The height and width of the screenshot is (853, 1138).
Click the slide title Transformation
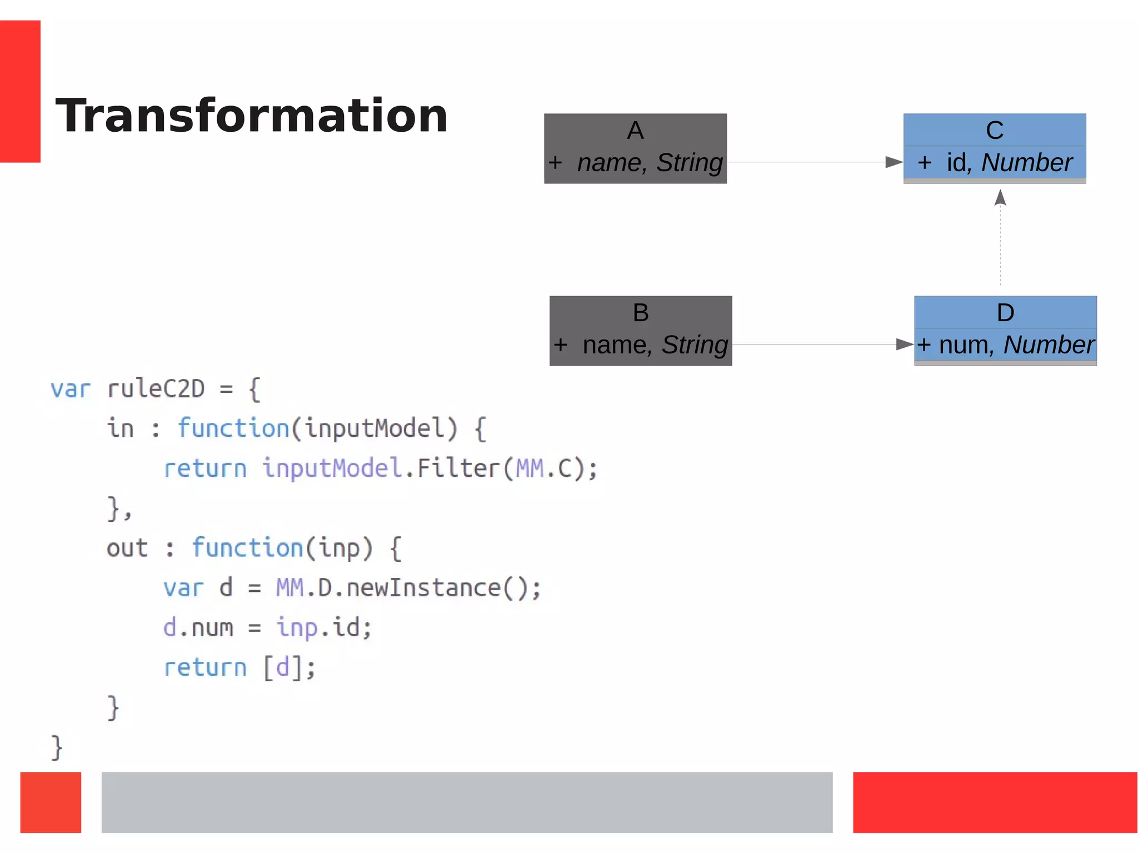[251, 116]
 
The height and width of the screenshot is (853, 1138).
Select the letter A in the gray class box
[635, 131]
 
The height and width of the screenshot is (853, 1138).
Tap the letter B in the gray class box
[641, 313]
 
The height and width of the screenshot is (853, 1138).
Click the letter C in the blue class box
[994, 131]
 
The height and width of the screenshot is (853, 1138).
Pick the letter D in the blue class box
[1005, 313]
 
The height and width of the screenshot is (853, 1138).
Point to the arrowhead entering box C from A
[894, 162]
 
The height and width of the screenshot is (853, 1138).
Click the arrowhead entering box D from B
[905, 345]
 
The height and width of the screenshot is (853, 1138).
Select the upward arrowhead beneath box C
[1000, 197]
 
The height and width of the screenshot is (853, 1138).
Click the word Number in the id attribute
[1026, 163]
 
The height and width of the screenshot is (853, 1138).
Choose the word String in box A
[689, 163]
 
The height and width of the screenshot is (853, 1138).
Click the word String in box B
[695, 345]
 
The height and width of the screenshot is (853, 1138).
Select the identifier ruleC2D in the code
[156, 389]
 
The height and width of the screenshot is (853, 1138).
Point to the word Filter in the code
[458, 468]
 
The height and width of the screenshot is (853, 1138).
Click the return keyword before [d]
[205, 667]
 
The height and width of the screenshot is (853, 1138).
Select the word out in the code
[127, 548]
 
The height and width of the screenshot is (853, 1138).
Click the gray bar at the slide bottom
[467, 802]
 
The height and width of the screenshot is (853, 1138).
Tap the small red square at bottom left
[51, 802]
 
